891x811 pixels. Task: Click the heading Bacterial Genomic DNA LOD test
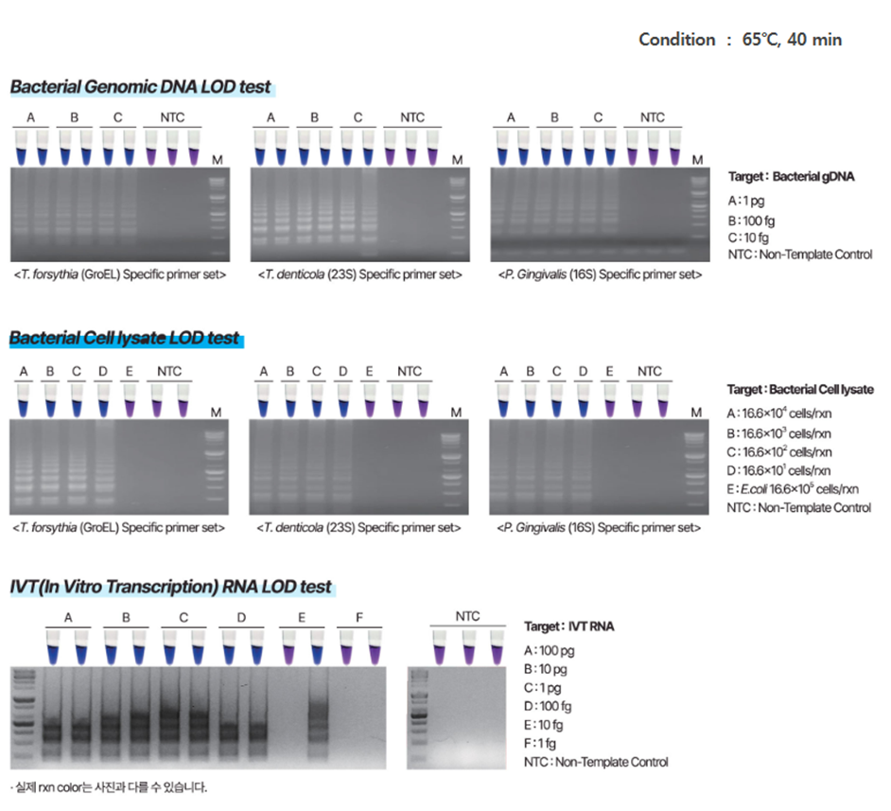[140, 87]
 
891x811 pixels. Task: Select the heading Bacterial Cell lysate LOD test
[125, 338]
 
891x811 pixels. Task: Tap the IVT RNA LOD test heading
[170, 587]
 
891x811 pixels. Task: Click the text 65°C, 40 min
[792, 39]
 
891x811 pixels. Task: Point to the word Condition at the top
[676, 39]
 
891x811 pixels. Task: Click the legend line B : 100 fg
[753, 219]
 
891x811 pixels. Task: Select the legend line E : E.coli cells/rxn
[793, 488]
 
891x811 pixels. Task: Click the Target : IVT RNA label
[568, 626]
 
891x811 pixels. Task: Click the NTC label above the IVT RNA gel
[467, 616]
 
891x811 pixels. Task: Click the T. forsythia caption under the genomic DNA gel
[120, 274]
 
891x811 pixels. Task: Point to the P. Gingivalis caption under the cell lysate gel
[600, 527]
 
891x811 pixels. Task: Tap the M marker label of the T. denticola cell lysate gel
[456, 412]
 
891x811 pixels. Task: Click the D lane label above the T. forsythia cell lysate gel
[102, 371]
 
